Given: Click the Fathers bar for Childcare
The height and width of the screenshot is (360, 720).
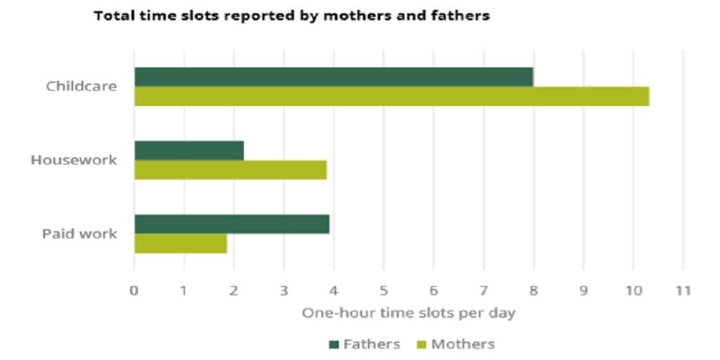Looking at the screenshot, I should pos(333,77).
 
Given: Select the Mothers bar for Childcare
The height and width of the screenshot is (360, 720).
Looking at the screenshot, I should pos(391,96).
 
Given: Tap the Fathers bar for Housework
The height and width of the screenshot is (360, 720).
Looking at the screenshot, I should pos(188,150).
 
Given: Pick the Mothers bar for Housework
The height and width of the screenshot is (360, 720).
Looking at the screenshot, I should pos(230,170).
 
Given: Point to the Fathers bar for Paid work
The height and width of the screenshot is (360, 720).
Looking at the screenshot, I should pos(231,224).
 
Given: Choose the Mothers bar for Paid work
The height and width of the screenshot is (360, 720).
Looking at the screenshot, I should pos(180,243).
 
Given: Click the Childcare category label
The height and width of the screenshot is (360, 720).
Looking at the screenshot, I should pos(82,87).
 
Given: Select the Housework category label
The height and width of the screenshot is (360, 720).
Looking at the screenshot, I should pos(74,160).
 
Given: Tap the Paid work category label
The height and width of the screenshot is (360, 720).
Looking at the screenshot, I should pos(79,234).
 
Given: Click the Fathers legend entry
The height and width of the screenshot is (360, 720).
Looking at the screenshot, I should pos(364,345).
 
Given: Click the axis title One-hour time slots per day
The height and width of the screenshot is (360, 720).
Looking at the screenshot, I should pos(409,314).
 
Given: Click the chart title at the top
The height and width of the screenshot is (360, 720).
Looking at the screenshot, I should pos(292,16).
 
